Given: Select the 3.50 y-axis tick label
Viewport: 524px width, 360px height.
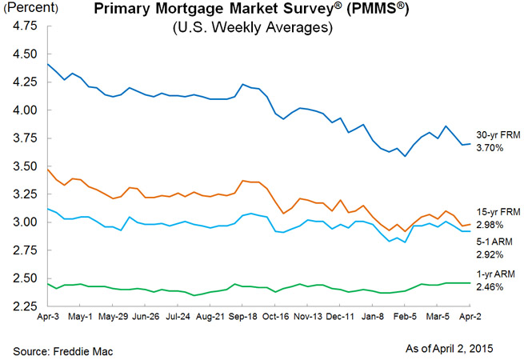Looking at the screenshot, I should point(25,166).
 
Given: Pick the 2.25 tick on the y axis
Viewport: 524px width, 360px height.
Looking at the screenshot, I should point(25,306).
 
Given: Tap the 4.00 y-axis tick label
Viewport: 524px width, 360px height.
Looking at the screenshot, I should point(25,110).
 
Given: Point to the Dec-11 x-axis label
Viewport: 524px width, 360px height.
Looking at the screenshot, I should point(342,318).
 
